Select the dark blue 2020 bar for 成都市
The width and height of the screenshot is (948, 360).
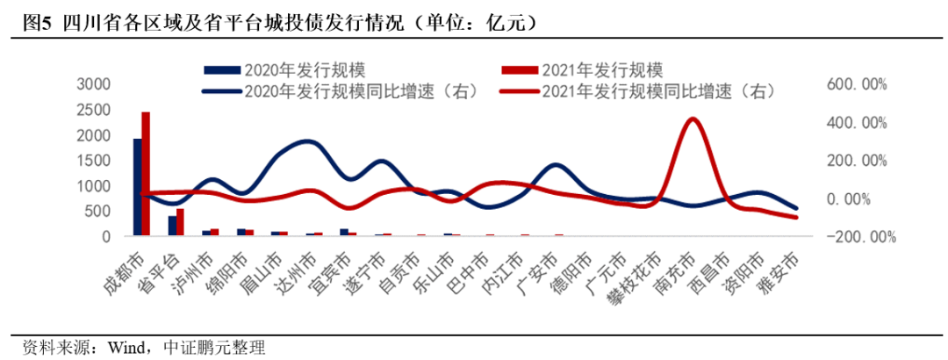pos(137,187)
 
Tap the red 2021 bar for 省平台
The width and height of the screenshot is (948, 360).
pos(180,222)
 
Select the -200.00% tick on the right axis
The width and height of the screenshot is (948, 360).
pos(855,237)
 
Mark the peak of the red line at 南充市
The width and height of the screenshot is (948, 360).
pos(693,119)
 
